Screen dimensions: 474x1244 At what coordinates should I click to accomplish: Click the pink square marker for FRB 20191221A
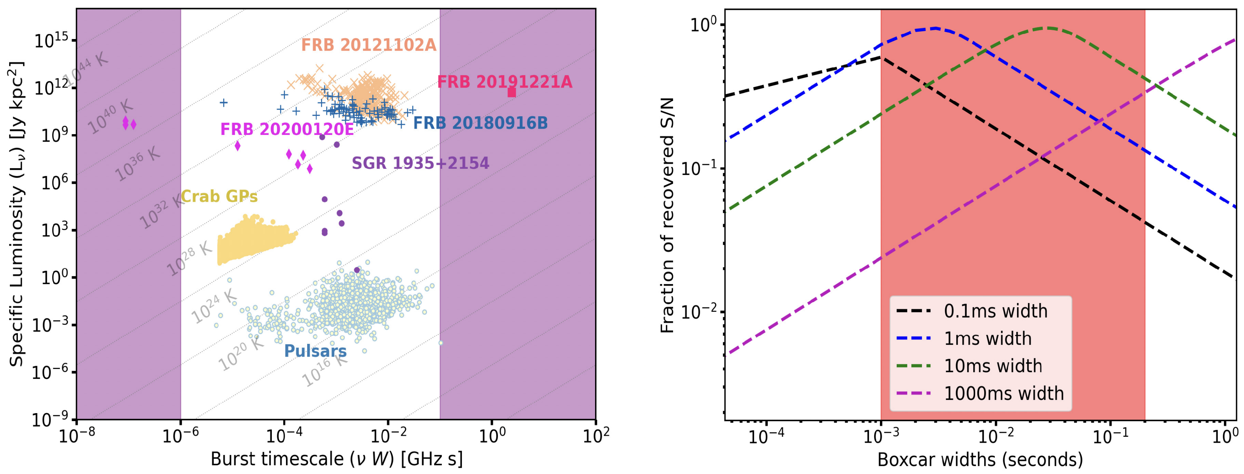pos(511,92)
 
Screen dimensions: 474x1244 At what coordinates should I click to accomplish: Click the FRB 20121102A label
pos(368,45)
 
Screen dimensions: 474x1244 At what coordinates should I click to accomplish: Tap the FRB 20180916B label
pos(480,123)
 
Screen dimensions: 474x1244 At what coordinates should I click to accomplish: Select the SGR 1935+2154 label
pos(420,163)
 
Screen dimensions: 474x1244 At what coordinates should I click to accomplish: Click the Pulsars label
pos(315,351)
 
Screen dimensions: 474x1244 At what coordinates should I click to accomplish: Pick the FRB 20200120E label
pos(287,129)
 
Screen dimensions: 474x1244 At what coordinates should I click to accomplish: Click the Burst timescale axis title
pos(337,459)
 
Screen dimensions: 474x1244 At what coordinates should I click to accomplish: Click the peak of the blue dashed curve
pos(936,28)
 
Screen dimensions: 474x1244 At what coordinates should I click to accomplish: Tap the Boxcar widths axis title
pos(980,459)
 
